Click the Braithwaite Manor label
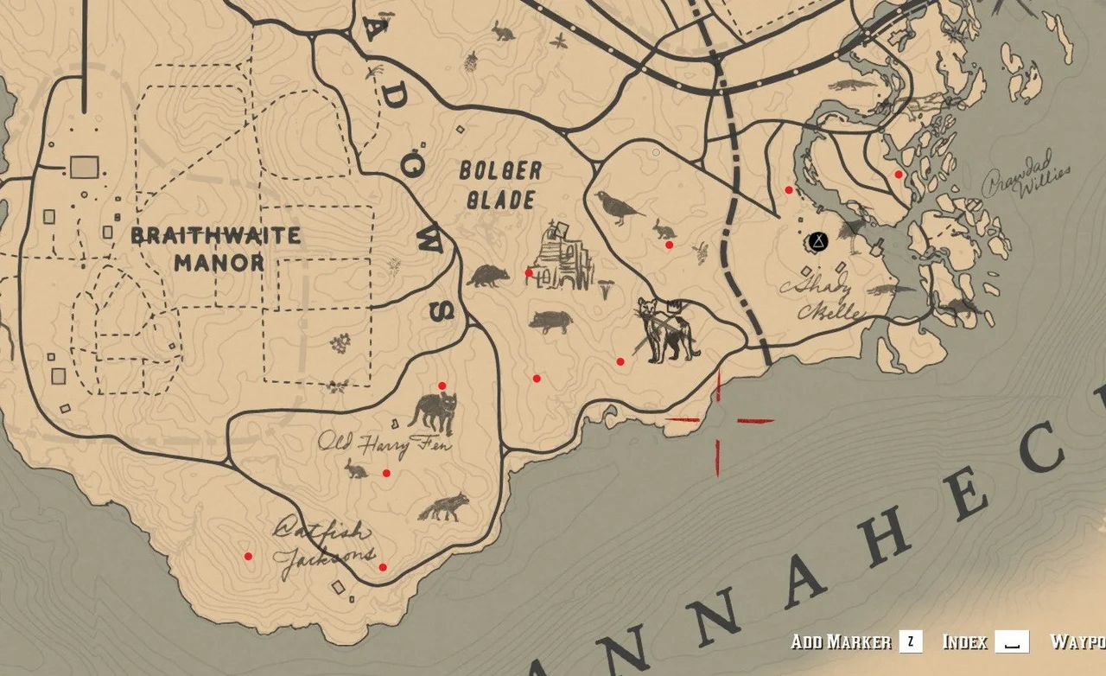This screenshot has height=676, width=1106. point(217,249)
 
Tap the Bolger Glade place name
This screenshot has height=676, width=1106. point(500,185)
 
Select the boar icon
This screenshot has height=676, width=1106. point(550,322)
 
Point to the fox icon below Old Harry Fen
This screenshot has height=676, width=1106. point(444,507)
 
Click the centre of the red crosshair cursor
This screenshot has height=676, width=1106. point(718,421)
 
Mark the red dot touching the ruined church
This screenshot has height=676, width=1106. point(529,272)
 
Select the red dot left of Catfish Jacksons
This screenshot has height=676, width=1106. point(248,556)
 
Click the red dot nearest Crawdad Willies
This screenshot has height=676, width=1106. point(899,175)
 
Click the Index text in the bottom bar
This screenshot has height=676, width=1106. point(964,641)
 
